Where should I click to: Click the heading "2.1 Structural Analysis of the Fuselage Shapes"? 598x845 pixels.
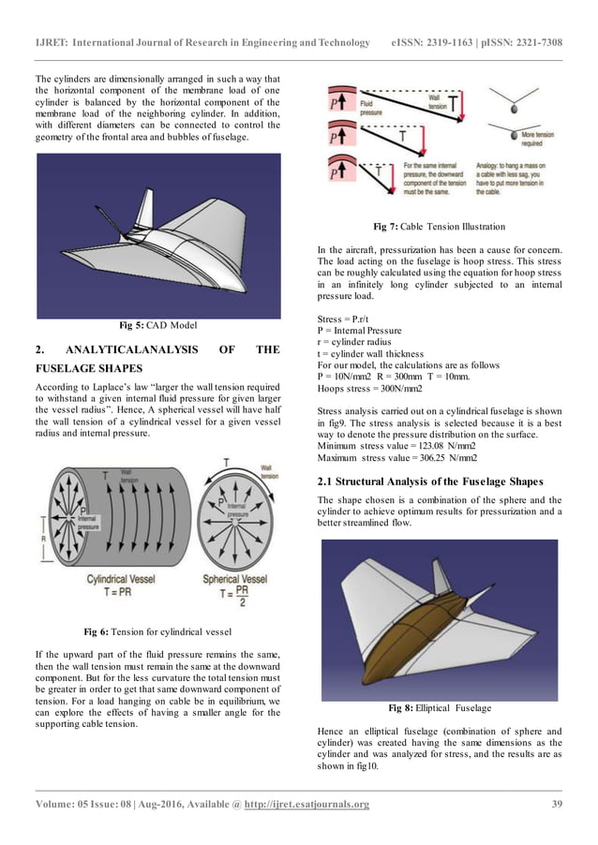[x=430, y=482]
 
